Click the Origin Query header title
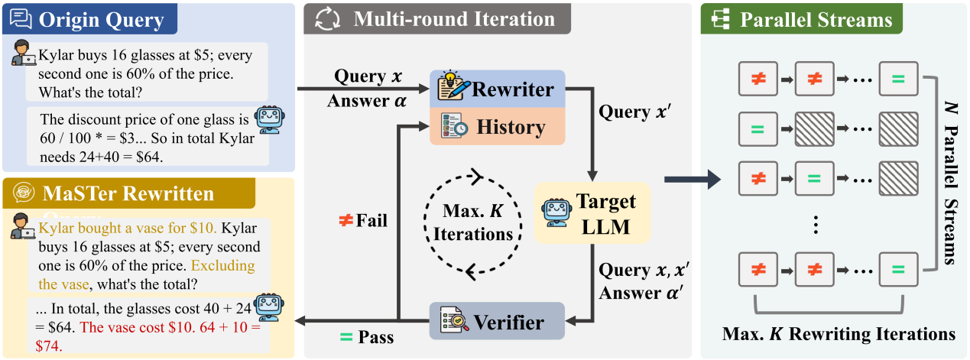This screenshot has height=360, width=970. point(101,18)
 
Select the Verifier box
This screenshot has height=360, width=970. point(497,323)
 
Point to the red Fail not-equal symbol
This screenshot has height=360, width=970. point(346,221)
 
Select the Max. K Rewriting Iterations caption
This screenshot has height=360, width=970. point(839,334)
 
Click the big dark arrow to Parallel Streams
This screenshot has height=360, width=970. point(692,180)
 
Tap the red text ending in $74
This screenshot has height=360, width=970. point(145,336)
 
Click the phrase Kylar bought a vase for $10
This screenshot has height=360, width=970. point(128,228)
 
